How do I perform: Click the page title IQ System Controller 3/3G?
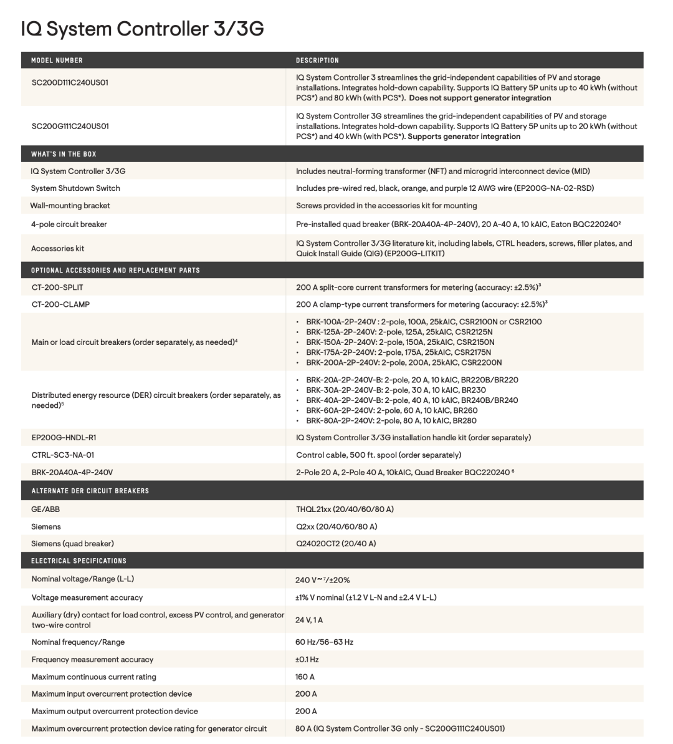point(142,29)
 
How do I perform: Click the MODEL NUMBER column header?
point(57,60)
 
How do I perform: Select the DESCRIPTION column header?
point(317,60)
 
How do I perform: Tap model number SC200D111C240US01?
point(70,82)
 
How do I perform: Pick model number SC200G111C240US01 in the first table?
point(70,126)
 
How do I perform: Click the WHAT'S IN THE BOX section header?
point(64,154)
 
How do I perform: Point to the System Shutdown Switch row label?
point(75,188)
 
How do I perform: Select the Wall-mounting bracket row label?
point(70,206)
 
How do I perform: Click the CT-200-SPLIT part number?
point(57,287)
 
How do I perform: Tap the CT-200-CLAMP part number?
point(60,304)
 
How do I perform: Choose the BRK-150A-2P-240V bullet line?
point(400,342)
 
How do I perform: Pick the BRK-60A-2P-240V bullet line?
point(392,410)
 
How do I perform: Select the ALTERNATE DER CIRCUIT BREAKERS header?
point(90,491)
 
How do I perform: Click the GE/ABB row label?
point(45,510)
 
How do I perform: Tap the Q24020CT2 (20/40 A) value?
point(336,544)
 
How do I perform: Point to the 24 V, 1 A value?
point(309,620)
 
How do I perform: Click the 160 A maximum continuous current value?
point(305,677)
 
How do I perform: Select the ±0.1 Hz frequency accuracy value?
point(307,659)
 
